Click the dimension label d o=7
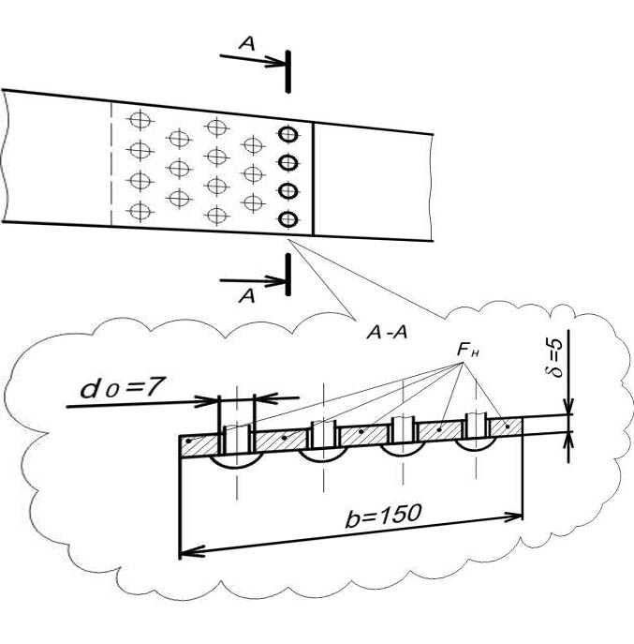pyautogui.click(x=123, y=388)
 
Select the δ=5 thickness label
pyautogui.click(x=553, y=357)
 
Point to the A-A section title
pyautogui.click(x=387, y=332)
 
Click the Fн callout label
pyautogui.click(x=468, y=351)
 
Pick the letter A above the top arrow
pyautogui.click(x=246, y=43)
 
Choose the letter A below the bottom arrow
pyautogui.click(x=246, y=295)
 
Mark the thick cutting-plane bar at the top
pyautogui.click(x=288, y=72)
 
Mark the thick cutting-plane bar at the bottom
pyautogui.click(x=288, y=275)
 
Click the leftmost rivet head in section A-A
pyautogui.click(x=237, y=463)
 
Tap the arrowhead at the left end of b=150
pyautogui.click(x=192, y=553)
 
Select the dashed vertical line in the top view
pyautogui.click(x=111, y=164)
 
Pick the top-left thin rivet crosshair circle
pyautogui.click(x=140, y=120)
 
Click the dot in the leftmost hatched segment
pyautogui.click(x=189, y=442)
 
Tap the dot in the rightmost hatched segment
pyautogui.click(x=508, y=427)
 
